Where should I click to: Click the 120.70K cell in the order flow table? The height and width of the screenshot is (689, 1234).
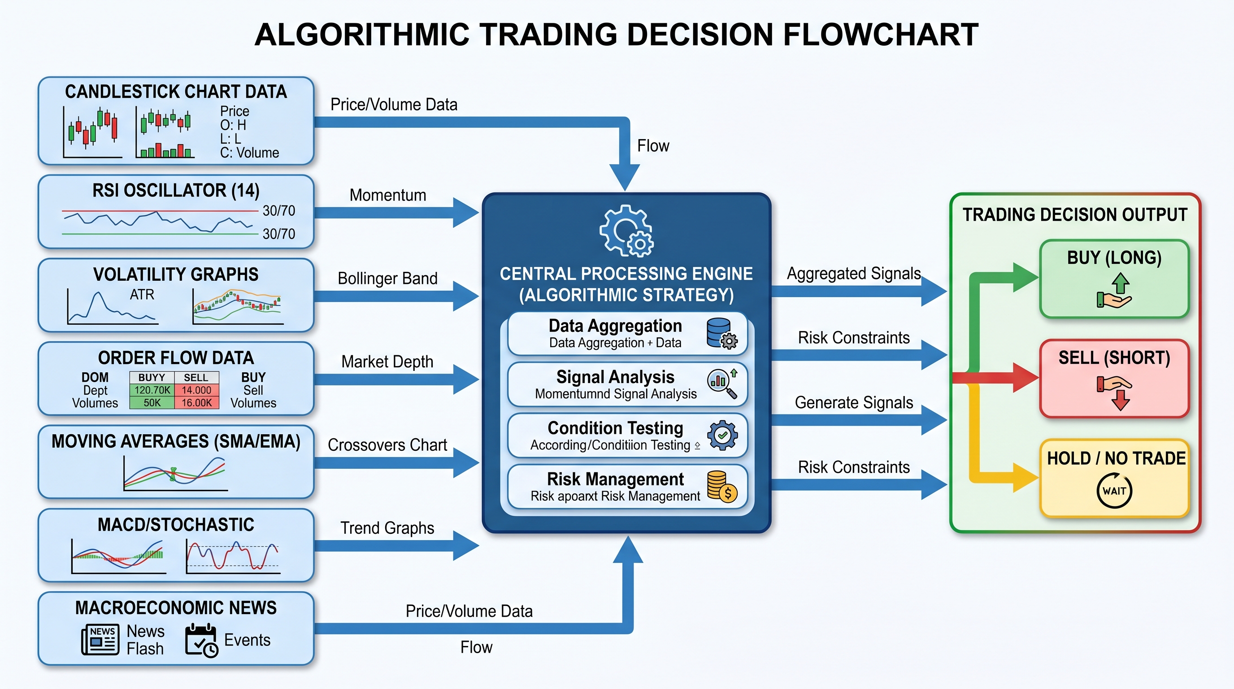tap(152, 390)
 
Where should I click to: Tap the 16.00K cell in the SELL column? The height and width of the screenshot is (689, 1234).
tap(196, 402)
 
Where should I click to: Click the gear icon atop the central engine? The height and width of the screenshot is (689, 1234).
tap(626, 231)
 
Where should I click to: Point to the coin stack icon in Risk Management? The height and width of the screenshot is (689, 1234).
tap(722, 486)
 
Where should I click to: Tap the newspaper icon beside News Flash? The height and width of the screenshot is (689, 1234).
tap(100, 639)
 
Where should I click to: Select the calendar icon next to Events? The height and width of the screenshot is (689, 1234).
tap(202, 640)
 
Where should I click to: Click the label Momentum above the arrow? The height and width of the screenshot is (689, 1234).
tap(387, 195)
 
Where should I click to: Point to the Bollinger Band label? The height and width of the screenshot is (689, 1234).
tap(387, 279)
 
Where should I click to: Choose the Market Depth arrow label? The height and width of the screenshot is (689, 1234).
tap(387, 362)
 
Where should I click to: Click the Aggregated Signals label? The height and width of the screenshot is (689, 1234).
tap(854, 274)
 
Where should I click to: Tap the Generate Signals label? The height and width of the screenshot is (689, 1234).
tap(854, 402)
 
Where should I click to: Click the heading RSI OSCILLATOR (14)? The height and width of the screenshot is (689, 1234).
tap(176, 191)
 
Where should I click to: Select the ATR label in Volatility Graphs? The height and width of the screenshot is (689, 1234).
tap(142, 295)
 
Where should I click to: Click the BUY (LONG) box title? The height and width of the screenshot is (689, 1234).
tap(1114, 258)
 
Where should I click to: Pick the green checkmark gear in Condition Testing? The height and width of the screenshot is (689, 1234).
tap(722, 435)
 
